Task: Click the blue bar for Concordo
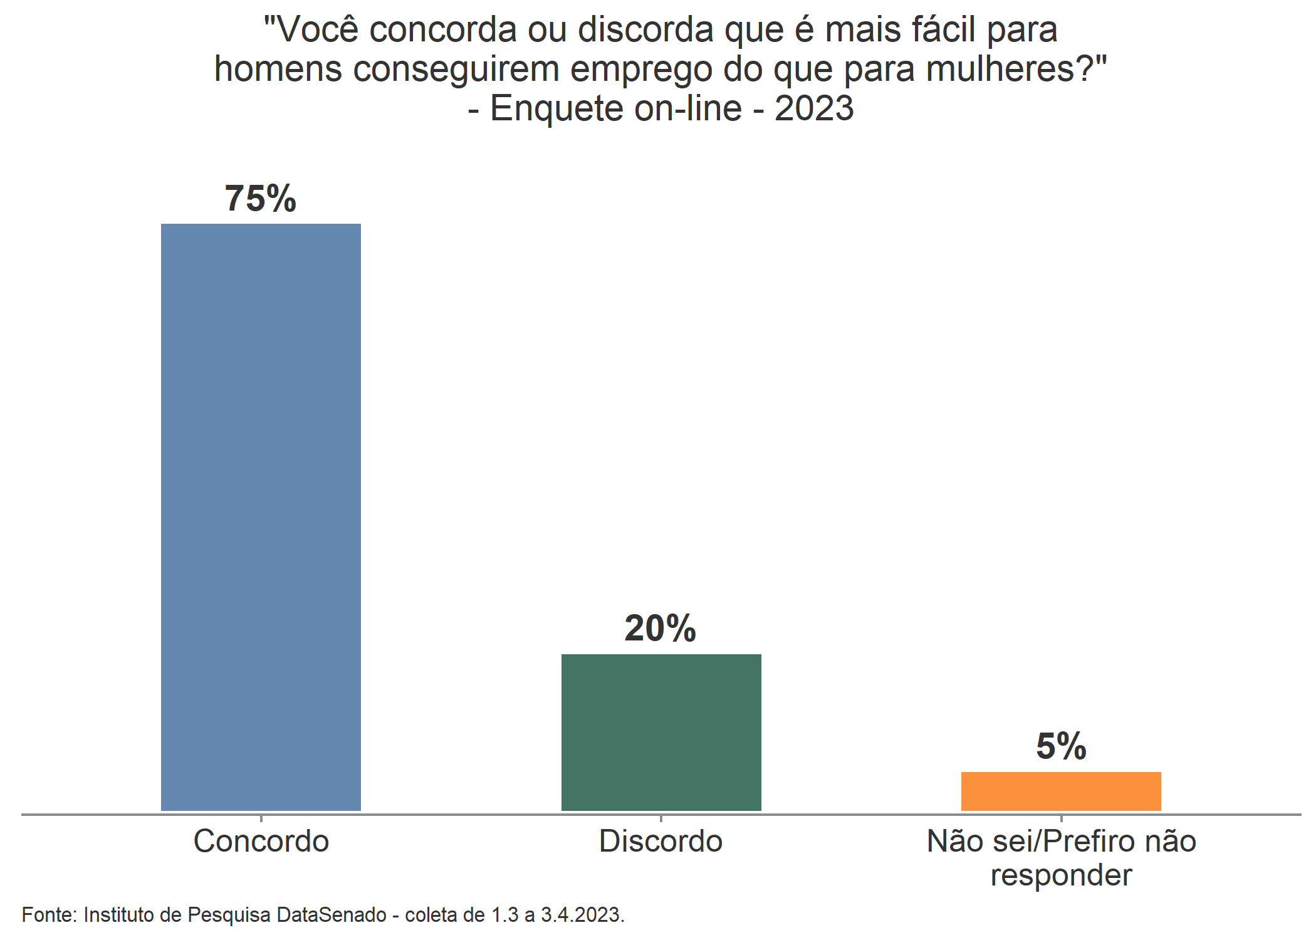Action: click(x=261, y=517)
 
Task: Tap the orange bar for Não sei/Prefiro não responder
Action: click(x=1061, y=791)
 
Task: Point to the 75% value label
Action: click(x=261, y=199)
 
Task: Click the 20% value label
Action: click(x=661, y=629)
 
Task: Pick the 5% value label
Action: click(x=1061, y=746)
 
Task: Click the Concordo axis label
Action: click(x=261, y=841)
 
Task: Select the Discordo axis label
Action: click(x=661, y=841)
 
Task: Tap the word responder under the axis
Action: click(x=1061, y=875)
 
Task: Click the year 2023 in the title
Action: click(x=814, y=108)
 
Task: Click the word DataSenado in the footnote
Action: click(x=332, y=915)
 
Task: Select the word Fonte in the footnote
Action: click(x=48, y=915)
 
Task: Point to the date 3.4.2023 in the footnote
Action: click(x=581, y=915)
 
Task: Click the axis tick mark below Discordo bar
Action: click(x=661, y=818)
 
